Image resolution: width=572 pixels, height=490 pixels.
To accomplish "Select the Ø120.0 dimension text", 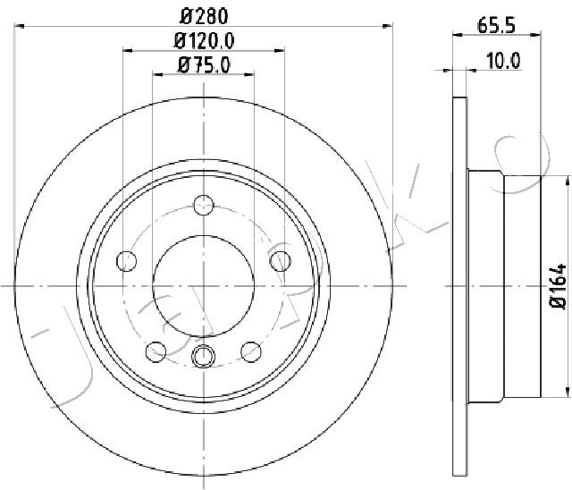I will pos(204,40).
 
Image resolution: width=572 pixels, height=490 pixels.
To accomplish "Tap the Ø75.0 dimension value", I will pos(204,63).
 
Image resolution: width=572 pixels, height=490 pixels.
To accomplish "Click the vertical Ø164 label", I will pos(558,286).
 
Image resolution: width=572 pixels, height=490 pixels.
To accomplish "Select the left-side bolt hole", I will pos(127,261).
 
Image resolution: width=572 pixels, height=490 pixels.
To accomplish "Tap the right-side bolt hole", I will pos(281,261).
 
